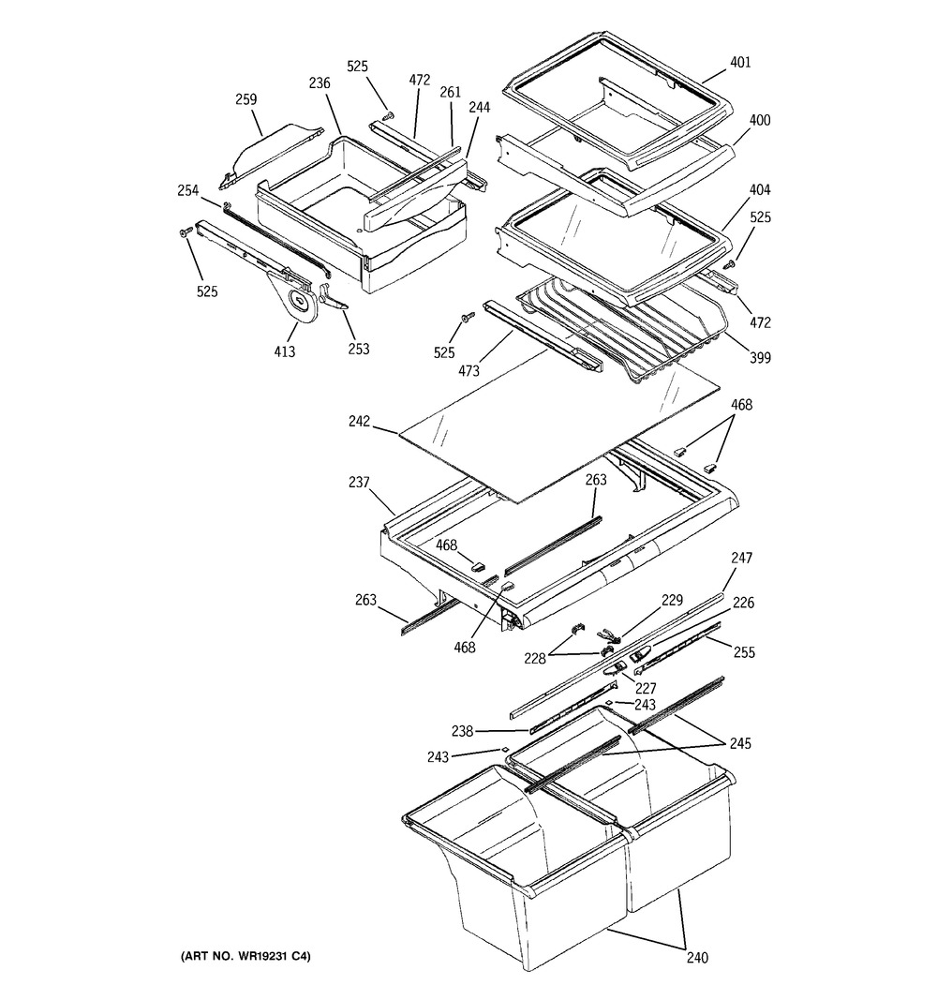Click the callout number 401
pyautogui.click(x=741, y=63)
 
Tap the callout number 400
pyautogui.click(x=760, y=121)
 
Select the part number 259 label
pyautogui.click(x=246, y=99)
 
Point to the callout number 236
pyautogui.click(x=320, y=83)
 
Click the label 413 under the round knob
pyautogui.click(x=285, y=351)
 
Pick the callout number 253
pyautogui.click(x=358, y=349)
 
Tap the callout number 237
pyautogui.click(x=359, y=482)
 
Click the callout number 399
pyautogui.click(x=761, y=356)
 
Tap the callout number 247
pyautogui.click(x=742, y=559)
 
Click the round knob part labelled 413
pyautogui.click(x=301, y=301)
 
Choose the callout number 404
pyautogui.click(x=761, y=190)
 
